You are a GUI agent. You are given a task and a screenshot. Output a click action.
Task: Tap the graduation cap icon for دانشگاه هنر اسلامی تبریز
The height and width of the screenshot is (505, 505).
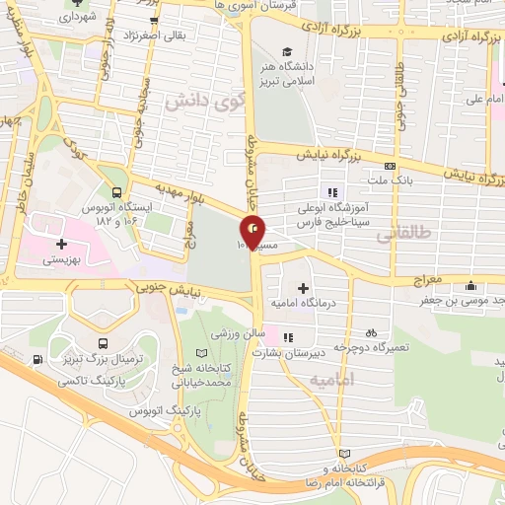coord(286,52)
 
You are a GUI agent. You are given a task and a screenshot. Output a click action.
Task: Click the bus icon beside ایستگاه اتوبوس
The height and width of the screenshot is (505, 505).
coord(117,192)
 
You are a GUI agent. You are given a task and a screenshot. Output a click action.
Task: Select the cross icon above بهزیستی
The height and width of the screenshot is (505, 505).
coord(61,243)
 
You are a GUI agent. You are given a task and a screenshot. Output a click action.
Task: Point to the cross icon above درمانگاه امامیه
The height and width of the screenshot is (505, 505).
coord(303,287)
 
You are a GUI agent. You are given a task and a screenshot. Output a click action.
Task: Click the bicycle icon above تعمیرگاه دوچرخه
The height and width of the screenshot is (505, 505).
coord(370,332)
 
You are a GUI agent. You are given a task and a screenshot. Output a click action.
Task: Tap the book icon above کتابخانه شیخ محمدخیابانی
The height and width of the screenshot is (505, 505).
coord(202,353)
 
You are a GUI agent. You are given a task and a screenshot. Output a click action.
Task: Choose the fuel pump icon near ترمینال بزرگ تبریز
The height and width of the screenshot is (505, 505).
coord(37,358)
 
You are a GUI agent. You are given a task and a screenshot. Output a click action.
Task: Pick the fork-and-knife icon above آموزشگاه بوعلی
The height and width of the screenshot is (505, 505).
coord(332,191)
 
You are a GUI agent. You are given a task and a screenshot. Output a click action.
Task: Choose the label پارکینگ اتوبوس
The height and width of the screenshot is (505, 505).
coord(200,407)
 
